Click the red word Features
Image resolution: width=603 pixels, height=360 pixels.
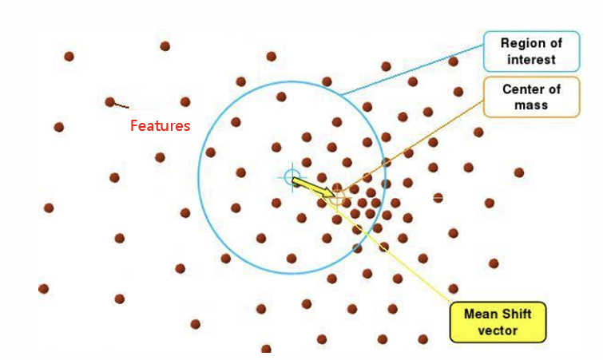tap(160, 126)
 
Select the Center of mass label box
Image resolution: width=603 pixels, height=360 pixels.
tap(531, 97)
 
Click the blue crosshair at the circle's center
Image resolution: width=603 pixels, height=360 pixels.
tap(292, 176)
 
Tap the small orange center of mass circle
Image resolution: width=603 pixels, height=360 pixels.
tap(338, 196)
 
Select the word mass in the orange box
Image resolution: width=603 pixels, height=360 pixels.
tap(531, 105)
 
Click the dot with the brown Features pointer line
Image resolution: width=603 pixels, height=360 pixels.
tap(110, 101)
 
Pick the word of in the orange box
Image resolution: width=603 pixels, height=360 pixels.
tap(553, 89)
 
